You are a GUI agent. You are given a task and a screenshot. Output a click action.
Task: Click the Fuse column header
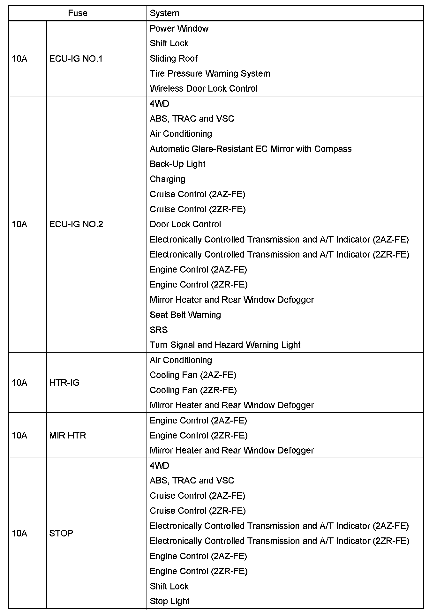pos(78,13)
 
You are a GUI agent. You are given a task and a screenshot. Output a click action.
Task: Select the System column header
pos(164,13)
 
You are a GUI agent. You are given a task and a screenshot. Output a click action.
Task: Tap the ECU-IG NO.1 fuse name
pos(76,59)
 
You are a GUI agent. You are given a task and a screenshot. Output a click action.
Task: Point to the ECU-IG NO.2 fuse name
pos(76,224)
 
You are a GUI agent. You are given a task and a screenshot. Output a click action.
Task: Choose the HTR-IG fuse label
pos(64,382)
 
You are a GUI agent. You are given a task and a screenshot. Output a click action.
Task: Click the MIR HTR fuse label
pos(67,435)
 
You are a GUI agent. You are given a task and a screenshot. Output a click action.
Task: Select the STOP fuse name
pos(61,533)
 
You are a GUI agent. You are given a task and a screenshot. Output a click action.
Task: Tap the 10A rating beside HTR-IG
pos(19,382)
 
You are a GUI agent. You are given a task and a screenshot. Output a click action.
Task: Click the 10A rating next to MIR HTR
pos(19,435)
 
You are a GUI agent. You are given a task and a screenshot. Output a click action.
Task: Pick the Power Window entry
pos(179,28)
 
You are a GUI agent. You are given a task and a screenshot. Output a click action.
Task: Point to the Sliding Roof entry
pos(174,58)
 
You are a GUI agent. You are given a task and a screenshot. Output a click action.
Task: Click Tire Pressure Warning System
pos(210,73)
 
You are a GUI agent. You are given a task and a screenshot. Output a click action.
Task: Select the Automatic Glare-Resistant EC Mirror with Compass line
pos(250,149)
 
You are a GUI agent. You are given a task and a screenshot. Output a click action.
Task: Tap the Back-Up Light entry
pos(177,164)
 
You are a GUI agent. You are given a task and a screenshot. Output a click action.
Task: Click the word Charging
pos(167,179)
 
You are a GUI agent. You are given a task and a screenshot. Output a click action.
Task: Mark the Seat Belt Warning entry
pos(185,315)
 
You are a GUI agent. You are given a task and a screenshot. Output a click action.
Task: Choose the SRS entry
pos(159,330)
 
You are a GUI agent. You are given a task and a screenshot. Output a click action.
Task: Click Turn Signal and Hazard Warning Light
pos(225,345)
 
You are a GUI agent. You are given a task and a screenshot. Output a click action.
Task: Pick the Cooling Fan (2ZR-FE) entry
pos(193,390)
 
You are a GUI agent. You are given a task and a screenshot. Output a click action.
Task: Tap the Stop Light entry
pos(169,601)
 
